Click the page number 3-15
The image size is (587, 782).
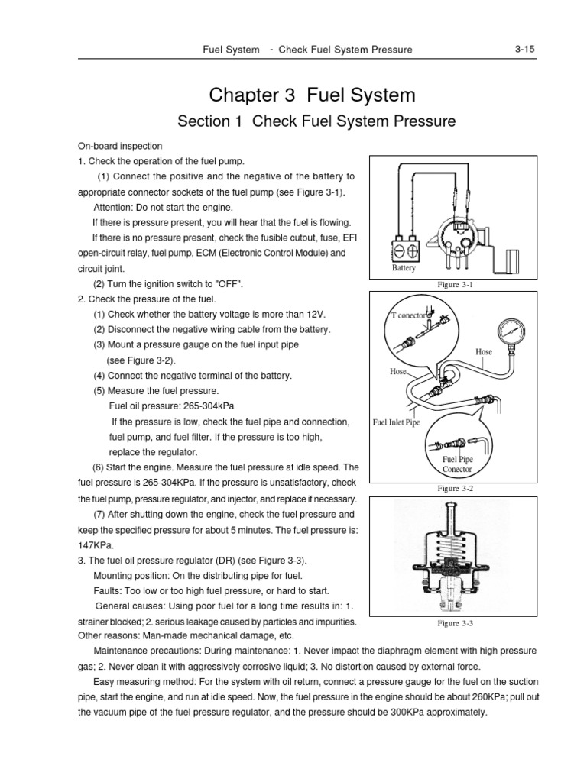(524, 50)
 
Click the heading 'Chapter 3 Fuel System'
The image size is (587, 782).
(313, 95)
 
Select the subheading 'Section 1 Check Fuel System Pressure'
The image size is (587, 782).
(316, 121)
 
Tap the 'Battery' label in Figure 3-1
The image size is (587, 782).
(404, 268)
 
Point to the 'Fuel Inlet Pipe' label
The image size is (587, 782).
(396, 422)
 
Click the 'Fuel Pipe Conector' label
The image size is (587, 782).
(459, 464)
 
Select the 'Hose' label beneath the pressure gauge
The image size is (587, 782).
(484, 352)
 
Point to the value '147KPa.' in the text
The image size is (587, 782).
(95, 546)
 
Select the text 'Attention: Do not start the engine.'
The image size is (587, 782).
(161, 207)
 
